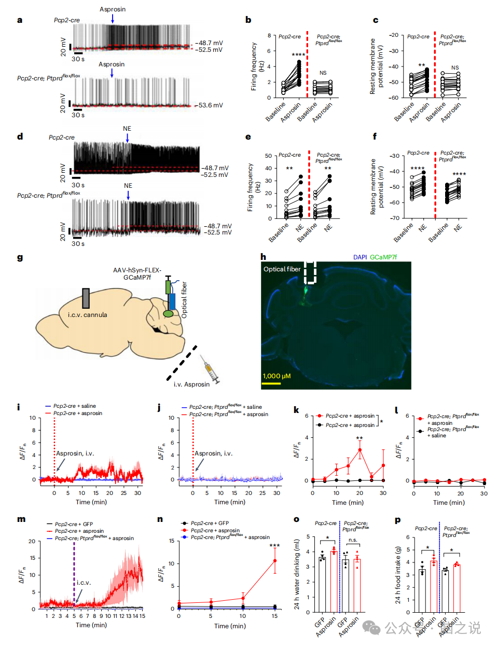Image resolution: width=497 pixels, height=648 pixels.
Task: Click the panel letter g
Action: [x=20, y=258]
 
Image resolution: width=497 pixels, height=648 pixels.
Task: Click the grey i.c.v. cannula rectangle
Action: [x=86, y=298]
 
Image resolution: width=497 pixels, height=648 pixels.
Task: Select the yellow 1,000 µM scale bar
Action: [x=271, y=383]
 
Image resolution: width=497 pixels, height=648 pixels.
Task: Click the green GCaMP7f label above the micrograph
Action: [x=383, y=257]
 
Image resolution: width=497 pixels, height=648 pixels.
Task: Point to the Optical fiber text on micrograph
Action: [x=282, y=269]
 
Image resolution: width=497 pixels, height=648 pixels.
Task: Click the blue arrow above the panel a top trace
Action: [x=113, y=19]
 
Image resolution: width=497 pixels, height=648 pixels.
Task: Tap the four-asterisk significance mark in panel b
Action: [x=298, y=55]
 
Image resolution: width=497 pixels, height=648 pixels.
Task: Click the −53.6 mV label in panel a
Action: [x=210, y=105]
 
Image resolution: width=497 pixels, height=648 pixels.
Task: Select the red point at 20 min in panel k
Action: [x=360, y=450]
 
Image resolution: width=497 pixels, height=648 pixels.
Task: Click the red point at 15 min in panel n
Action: [x=274, y=561]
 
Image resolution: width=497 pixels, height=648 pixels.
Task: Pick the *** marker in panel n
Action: [x=274, y=546]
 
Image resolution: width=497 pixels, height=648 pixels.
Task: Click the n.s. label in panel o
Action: [x=353, y=540]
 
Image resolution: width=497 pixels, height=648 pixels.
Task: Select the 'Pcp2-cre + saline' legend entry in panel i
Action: [x=74, y=406]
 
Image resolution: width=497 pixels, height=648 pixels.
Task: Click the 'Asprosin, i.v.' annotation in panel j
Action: [x=213, y=453]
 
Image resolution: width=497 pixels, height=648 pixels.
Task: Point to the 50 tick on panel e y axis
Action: [x=268, y=156]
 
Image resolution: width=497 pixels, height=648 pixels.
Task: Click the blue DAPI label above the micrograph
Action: [x=360, y=257]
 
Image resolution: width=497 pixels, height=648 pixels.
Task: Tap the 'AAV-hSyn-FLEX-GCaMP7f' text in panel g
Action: [x=137, y=274]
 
